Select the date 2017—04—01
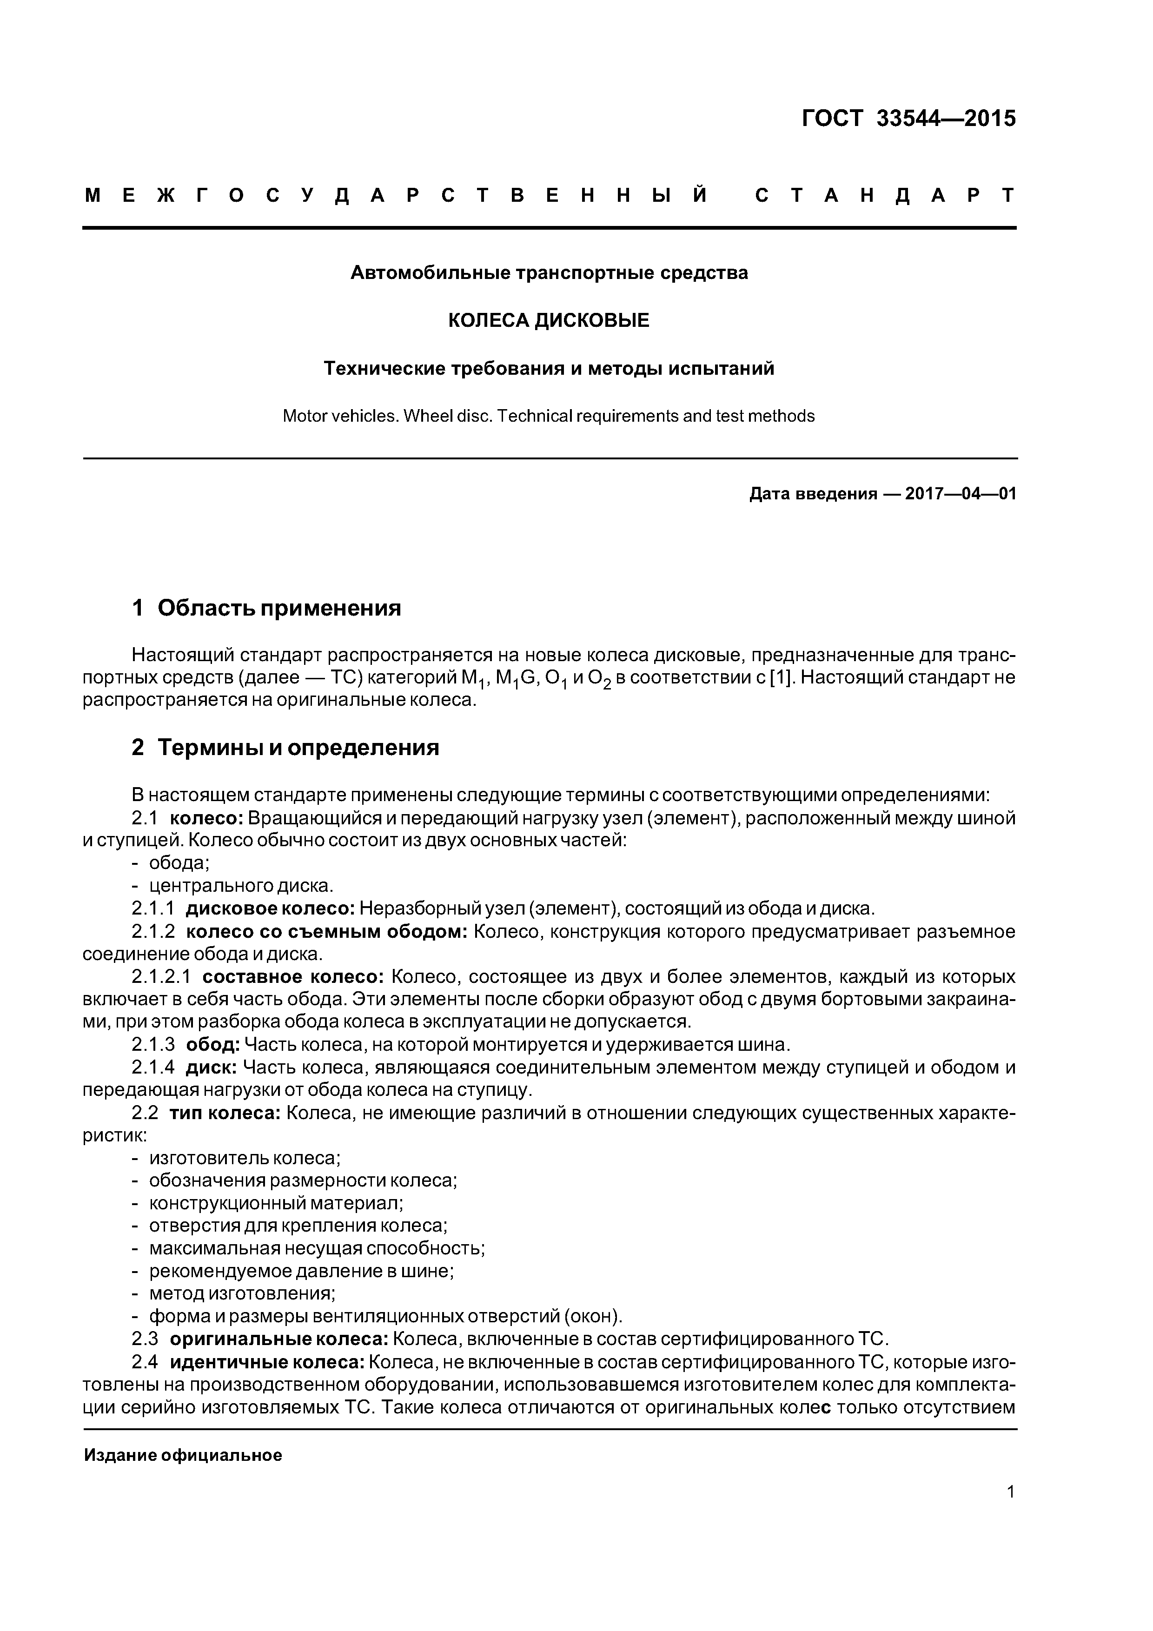[961, 494]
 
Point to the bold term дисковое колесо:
[270, 908]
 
